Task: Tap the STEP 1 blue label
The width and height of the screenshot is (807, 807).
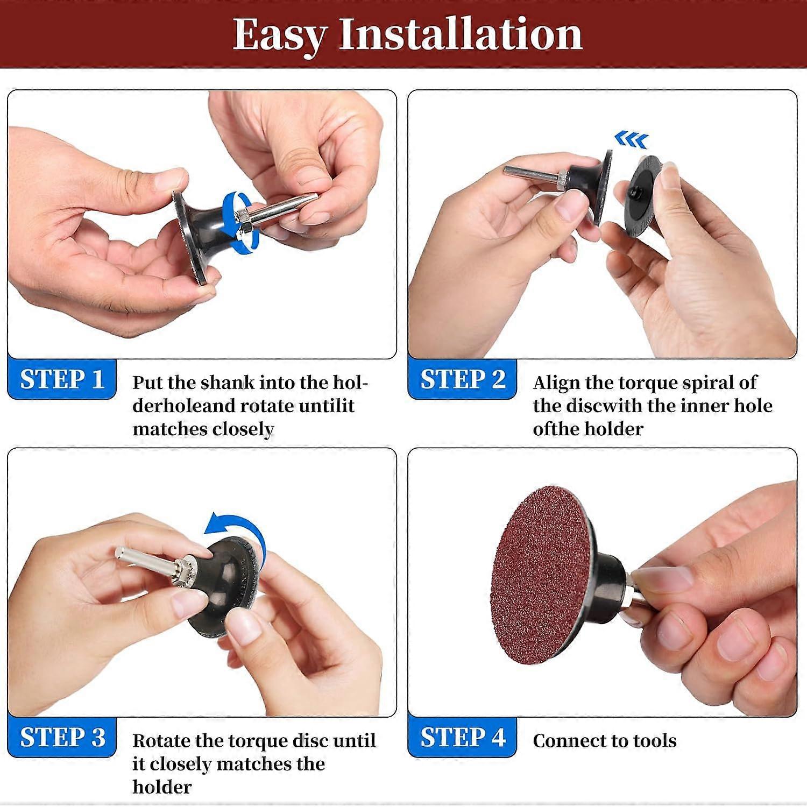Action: tap(62, 379)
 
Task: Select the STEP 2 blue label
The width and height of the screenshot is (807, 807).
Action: tap(462, 379)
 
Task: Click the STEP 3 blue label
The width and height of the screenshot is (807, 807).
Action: tap(62, 737)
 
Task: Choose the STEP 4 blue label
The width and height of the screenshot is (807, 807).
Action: tap(462, 737)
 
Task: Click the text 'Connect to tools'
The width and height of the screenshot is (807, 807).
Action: tap(604, 741)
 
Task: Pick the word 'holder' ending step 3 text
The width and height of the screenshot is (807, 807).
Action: tap(162, 787)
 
